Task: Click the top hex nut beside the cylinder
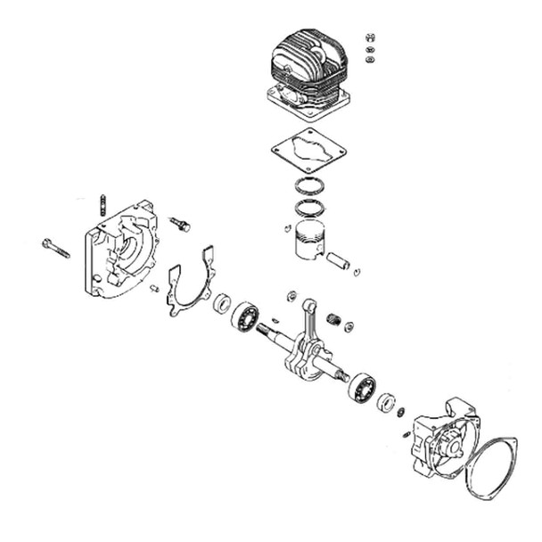point(371,37)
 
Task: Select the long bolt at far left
point(54,247)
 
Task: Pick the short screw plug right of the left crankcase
point(180,223)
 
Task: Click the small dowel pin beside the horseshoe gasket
point(154,287)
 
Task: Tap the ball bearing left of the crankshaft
point(244,316)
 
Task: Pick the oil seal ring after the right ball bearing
point(385,402)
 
